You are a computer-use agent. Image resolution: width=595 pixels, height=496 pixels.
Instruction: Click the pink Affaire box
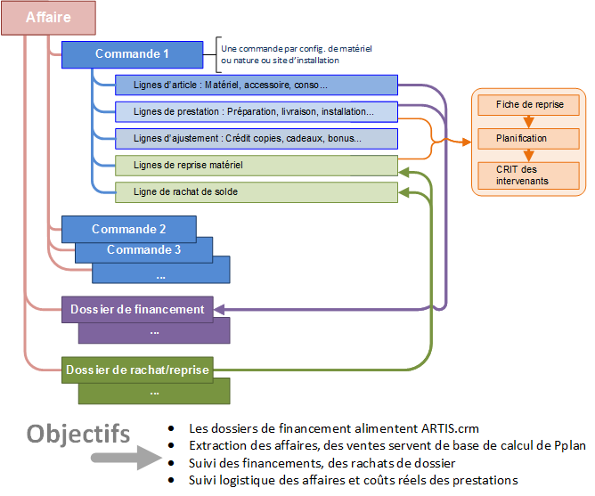coord(49,17)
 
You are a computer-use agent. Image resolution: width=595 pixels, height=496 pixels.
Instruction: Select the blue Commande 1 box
coord(132,54)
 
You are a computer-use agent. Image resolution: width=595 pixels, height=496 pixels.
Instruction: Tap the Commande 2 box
coord(129,229)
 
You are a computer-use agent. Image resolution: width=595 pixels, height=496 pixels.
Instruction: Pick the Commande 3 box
coord(143,249)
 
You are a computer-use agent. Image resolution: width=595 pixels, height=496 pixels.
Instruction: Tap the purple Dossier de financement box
coord(137,310)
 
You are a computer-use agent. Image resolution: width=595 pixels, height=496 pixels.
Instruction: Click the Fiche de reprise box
coord(530,104)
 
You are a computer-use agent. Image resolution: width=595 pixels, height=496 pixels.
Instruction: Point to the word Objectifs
coord(78,434)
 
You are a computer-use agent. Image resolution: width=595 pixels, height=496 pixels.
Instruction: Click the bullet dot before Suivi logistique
coord(171,480)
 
